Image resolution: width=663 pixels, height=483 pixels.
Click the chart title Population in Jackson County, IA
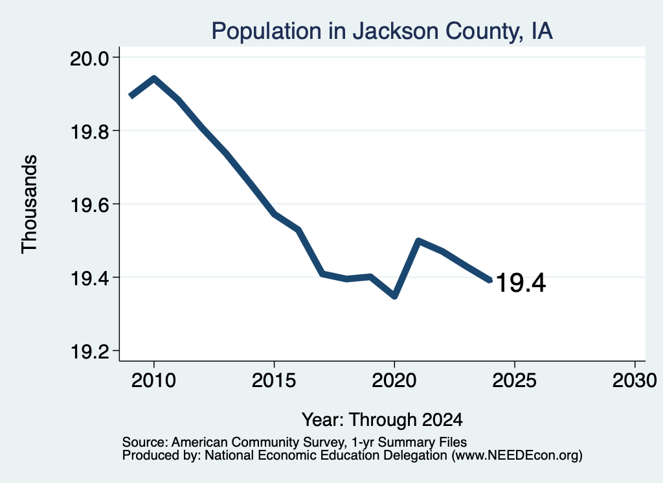pyautogui.click(x=382, y=31)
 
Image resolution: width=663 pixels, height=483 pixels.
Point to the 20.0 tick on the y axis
pyautogui.click(x=89, y=58)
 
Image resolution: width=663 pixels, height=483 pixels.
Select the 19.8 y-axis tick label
pyautogui.click(x=89, y=131)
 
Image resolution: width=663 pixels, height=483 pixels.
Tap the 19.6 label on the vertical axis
pyautogui.click(x=89, y=204)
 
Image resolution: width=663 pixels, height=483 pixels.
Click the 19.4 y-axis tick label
pyautogui.click(x=89, y=278)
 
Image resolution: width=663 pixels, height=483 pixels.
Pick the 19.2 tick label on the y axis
pyautogui.click(x=89, y=351)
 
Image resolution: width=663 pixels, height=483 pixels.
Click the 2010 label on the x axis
pyautogui.click(x=153, y=380)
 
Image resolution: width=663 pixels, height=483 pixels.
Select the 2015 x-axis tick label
pyautogui.click(x=274, y=380)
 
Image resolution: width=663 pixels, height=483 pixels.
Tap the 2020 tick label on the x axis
pyautogui.click(x=394, y=380)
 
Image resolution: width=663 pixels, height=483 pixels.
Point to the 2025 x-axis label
pyautogui.click(x=515, y=380)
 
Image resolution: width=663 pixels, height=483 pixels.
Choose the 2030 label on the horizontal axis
pyautogui.click(x=635, y=380)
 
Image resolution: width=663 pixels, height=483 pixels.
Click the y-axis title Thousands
pyautogui.click(x=30, y=204)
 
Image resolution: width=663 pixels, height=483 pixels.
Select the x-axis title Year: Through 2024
pyautogui.click(x=382, y=419)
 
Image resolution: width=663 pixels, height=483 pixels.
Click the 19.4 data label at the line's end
pyautogui.click(x=521, y=283)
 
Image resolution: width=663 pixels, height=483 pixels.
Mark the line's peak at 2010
pyautogui.click(x=154, y=78)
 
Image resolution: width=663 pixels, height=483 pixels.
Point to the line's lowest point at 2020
pyautogui.click(x=394, y=296)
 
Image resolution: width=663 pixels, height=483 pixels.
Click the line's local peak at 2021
pyautogui.click(x=418, y=241)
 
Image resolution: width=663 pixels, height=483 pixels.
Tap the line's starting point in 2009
pyautogui.click(x=131, y=97)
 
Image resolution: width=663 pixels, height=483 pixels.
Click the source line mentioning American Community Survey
pyautogui.click(x=295, y=442)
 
